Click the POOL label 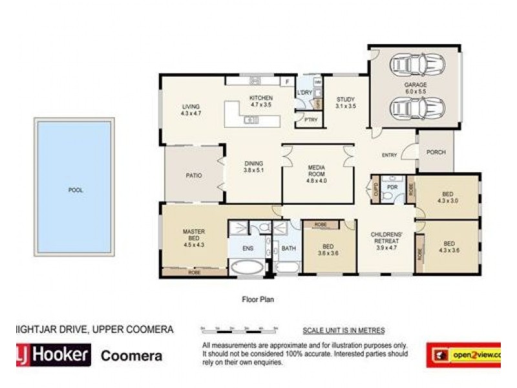click(76, 191)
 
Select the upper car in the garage click(414, 65)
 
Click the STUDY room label click(346, 102)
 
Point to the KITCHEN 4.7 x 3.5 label click(262, 101)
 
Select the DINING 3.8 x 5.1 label click(253, 167)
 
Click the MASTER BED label click(194, 236)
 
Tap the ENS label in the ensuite click(248, 247)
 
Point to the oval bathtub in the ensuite click(247, 268)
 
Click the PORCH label click(436, 153)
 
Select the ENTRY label click(389, 155)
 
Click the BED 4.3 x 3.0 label click(447, 197)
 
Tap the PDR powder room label click(392, 187)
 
